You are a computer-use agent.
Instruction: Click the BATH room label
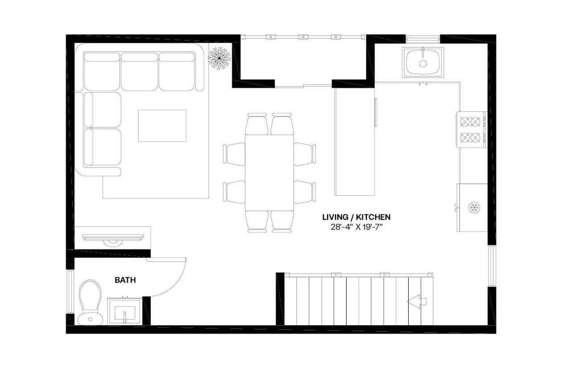(125, 280)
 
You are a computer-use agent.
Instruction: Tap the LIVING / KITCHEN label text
(356, 217)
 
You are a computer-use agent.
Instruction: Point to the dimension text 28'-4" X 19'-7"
(356, 227)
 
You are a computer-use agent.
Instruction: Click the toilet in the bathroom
(90, 302)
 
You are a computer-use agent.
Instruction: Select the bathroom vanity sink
(124, 312)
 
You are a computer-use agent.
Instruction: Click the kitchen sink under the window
(423, 62)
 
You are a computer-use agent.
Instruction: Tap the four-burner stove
(471, 129)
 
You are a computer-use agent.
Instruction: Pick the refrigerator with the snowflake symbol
(472, 207)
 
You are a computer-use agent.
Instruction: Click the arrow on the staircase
(417, 302)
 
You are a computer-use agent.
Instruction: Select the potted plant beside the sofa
(219, 58)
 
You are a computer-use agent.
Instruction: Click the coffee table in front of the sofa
(162, 126)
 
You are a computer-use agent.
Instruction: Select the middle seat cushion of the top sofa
(139, 71)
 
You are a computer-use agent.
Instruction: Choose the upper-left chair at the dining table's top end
(257, 123)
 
